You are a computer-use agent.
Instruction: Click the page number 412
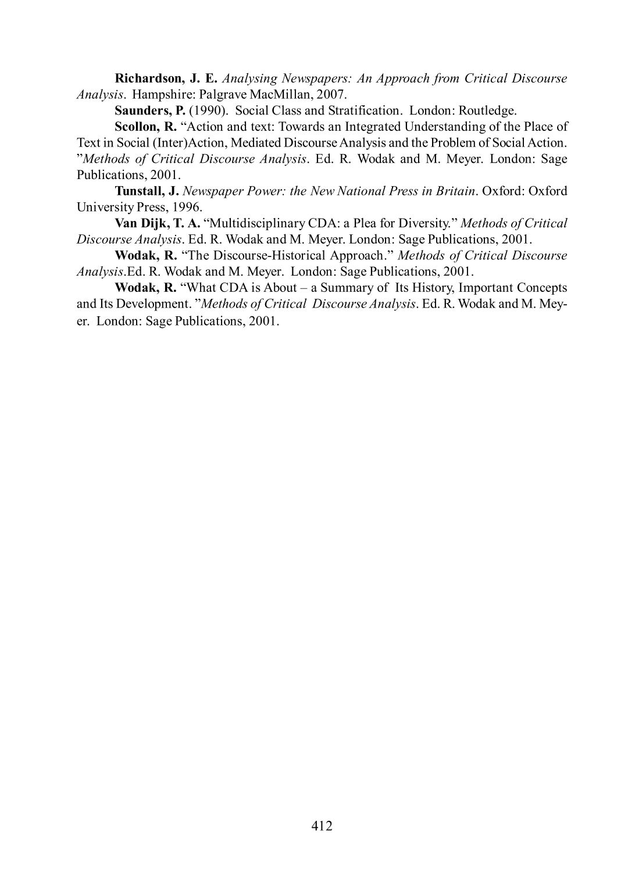(x=322, y=826)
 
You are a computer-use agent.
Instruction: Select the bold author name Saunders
(x=145, y=110)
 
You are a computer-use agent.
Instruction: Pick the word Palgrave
(x=223, y=94)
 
